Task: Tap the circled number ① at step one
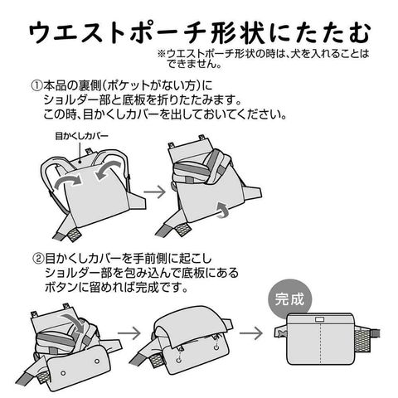coord(36,86)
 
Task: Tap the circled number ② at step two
coord(38,259)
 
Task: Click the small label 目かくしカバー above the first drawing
coord(81,136)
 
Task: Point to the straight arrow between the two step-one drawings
coord(154,192)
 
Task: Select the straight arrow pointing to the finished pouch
coord(250,332)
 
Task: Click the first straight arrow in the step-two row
coord(129,332)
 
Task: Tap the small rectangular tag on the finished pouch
coord(319,319)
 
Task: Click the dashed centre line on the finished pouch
coord(320,344)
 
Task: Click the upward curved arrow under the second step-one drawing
coord(223,210)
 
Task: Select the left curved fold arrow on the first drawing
coord(68,181)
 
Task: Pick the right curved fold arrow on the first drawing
coord(109,170)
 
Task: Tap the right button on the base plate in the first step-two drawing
coord(97,361)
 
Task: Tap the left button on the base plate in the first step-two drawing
coord(63,373)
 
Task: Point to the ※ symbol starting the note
coord(162,54)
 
